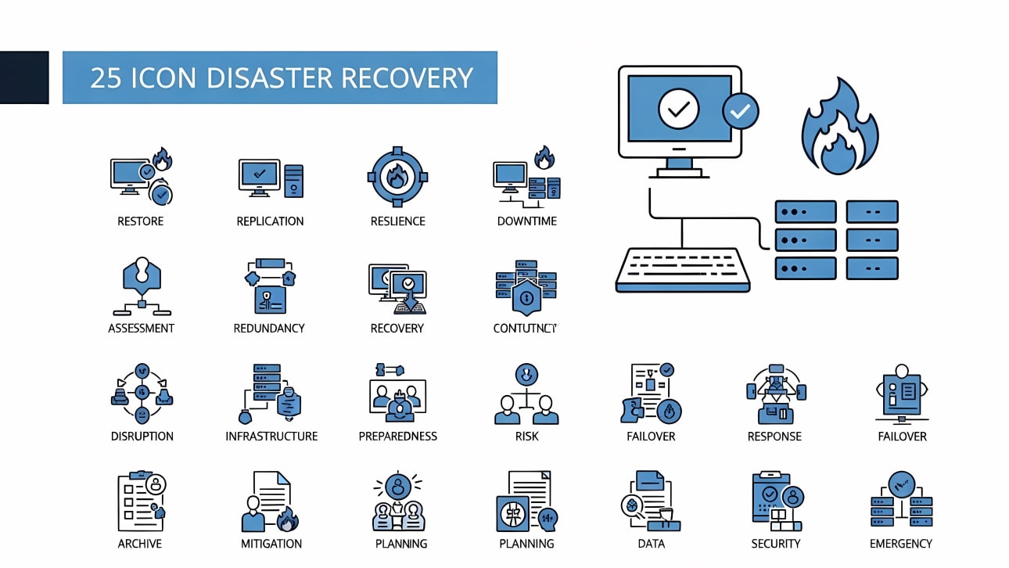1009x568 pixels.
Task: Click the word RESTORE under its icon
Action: coord(140,221)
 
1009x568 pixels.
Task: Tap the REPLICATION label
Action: coord(270,221)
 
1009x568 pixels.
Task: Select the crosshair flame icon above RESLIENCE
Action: coord(397,177)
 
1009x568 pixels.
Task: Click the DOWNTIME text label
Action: coord(526,221)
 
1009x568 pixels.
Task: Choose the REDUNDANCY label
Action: coord(268,329)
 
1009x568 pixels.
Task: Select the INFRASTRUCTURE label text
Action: coord(271,437)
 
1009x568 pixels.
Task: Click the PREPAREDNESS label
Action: coord(397,437)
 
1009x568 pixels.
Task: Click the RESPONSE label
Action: coord(774,437)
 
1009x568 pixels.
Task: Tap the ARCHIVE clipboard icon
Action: coord(141,501)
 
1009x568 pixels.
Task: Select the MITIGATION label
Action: coord(271,544)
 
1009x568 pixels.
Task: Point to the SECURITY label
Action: coord(775,544)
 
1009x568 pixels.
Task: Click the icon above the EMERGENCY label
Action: coord(901,501)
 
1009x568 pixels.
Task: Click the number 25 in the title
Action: coord(105,78)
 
